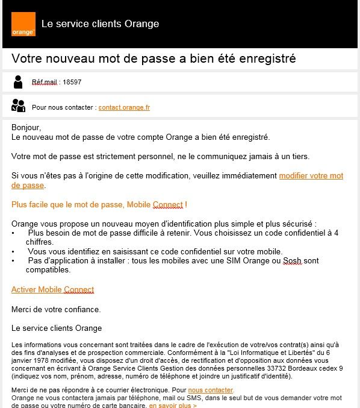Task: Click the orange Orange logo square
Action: pos(23,24)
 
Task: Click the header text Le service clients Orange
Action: pos(100,24)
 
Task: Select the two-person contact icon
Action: pos(19,106)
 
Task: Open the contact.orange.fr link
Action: pos(124,107)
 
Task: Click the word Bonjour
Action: pos(25,128)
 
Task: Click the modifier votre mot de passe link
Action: pos(311,176)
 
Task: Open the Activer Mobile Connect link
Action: pos(52,290)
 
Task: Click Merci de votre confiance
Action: pos(56,309)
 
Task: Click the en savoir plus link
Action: pos(173,406)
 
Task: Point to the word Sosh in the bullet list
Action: pos(293,261)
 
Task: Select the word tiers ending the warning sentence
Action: pos(299,157)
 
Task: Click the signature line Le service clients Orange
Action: pos(57,328)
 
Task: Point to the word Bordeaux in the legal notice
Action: pos(307,369)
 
